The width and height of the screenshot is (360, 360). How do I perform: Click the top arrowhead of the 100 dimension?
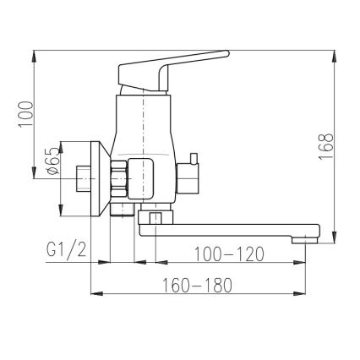tap(35, 52)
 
